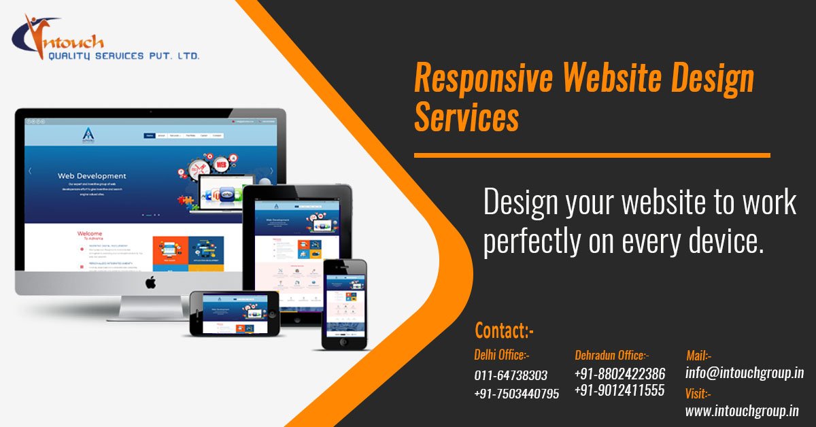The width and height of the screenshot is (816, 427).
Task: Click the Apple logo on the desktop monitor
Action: click(x=150, y=282)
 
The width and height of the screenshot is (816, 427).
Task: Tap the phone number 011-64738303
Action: click(x=510, y=375)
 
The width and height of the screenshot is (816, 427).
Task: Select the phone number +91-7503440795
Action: click(x=516, y=394)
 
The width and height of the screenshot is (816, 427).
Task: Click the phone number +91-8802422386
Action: click(x=619, y=373)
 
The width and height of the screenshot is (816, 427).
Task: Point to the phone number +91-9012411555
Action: click(x=619, y=390)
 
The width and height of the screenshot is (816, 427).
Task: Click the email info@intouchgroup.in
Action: click(x=745, y=373)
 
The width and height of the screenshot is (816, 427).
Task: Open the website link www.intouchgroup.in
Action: click(x=742, y=411)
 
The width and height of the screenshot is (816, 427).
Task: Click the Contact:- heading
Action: click(x=505, y=330)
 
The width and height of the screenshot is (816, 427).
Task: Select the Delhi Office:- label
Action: click(x=501, y=354)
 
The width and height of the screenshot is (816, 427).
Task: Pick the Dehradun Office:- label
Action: click(x=611, y=354)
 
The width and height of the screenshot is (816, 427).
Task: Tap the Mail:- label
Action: click(x=698, y=354)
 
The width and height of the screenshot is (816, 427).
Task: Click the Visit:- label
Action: click(x=698, y=392)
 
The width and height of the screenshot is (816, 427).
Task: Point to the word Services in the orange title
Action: click(x=466, y=118)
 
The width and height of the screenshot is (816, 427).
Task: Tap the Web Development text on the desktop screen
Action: click(x=91, y=176)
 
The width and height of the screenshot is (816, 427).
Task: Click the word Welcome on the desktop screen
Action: click(x=90, y=233)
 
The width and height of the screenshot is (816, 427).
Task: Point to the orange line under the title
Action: click(x=592, y=156)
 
